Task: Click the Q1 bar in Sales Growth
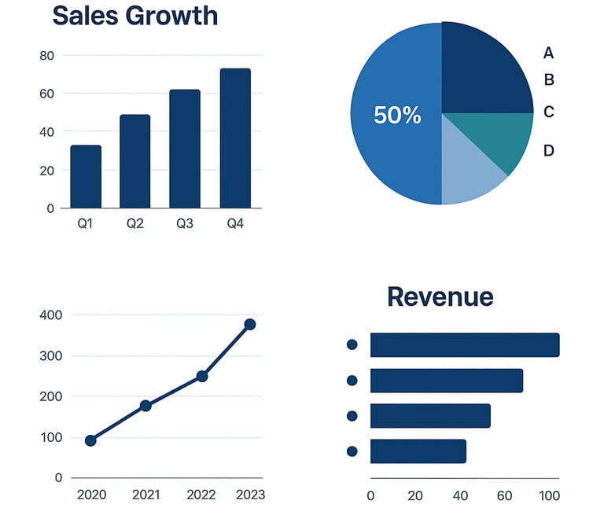[86, 177]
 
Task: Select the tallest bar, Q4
[235, 138]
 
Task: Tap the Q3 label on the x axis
[185, 224]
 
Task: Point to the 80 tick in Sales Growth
[46, 56]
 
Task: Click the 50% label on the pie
[397, 116]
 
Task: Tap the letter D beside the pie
[549, 150]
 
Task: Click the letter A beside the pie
[549, 53]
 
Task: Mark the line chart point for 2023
[250, 324]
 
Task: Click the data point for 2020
[90, 440]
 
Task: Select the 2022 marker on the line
[202, 376]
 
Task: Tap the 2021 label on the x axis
[145, 495]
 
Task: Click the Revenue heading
[440, 296]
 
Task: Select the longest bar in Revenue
[465, 345]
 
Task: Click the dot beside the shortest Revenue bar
[352, 451]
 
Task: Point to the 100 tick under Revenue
[549, 496]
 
